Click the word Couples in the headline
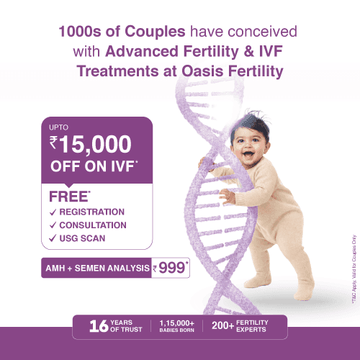[155, 32]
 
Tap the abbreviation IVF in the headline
[271, 51]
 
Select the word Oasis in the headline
[202, 71]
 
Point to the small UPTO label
[58, 127]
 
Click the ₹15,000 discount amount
[90, 144]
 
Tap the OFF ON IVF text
[94, 166]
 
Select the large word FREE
[70, 197]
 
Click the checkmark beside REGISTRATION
[53, 212]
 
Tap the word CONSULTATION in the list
[93, 225]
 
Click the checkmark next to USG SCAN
[53, 238]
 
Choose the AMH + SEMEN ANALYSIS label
[97, 268]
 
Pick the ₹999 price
[171, 268]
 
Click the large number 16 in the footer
[99, 326]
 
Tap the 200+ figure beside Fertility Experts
[222, 325]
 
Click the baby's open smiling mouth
[248, 155]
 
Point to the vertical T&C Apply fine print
[354, 269]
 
